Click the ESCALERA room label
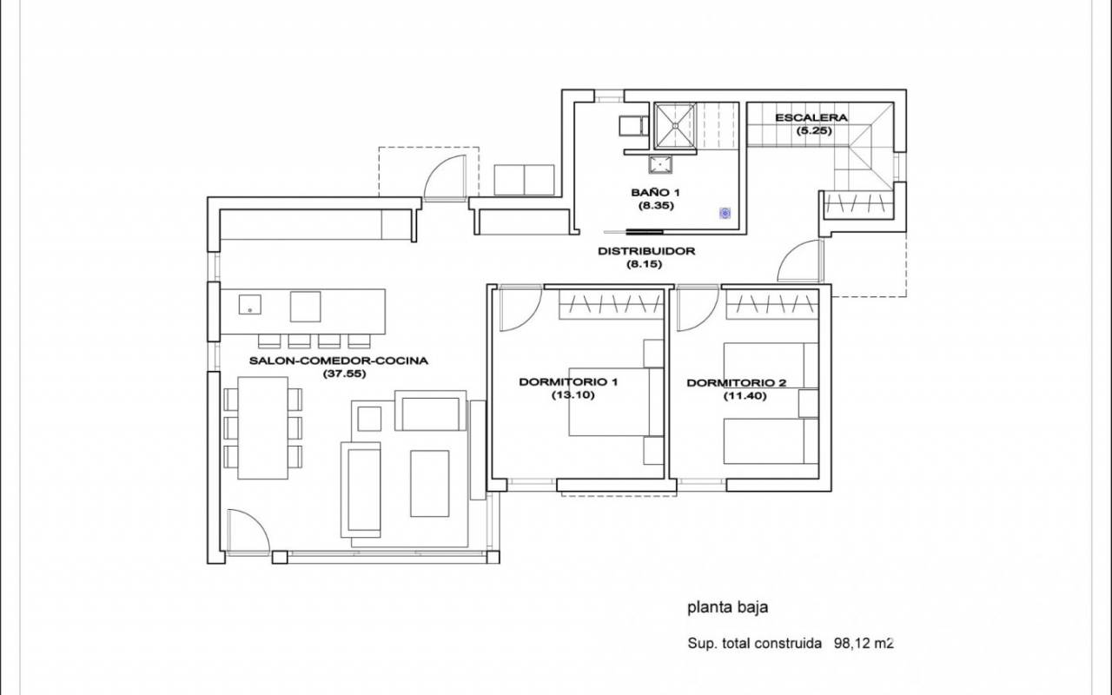(811, 118)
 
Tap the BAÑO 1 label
(655, 193)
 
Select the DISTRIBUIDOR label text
(645, 251)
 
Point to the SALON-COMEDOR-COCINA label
(339, 361)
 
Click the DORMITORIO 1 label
(568, 382)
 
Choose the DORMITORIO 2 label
(737, 383)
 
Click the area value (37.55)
(345, 374)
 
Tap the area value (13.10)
(573, 395)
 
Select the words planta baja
(728, 607)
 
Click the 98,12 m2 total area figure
(864, 644)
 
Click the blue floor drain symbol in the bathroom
(725, 214)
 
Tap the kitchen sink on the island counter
(249, 304)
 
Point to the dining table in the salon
(262, 428)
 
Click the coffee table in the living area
(430, 484)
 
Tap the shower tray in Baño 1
(675, 126)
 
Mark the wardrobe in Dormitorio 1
(612, 304)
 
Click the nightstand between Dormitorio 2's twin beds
(808, 404)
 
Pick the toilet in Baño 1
(633, 126)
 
